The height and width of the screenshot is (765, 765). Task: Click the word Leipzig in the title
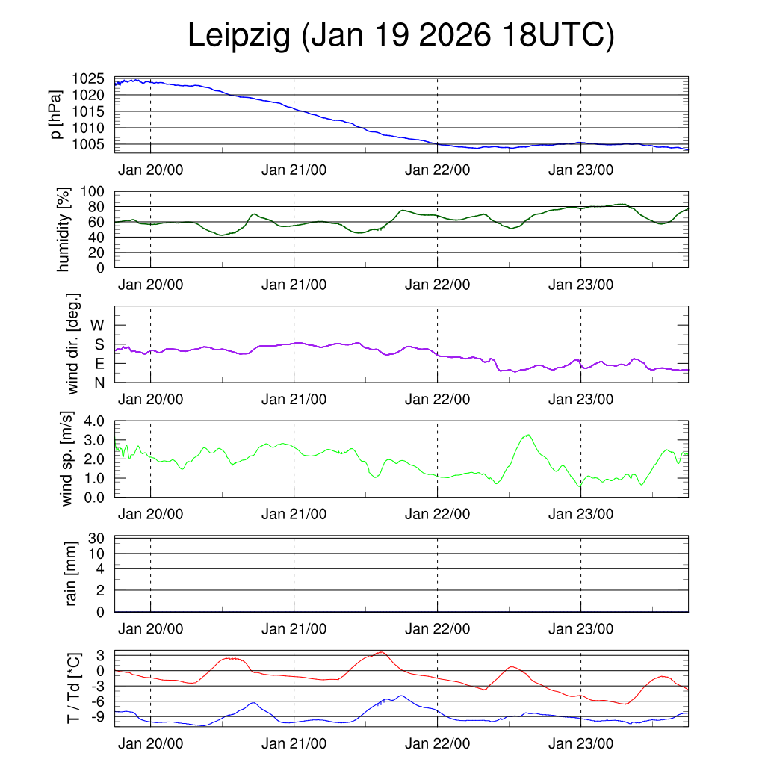(x=238, y=36)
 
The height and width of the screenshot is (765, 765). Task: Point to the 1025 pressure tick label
(x=88, y=78)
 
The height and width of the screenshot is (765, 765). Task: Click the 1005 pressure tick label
(x=88, y=144)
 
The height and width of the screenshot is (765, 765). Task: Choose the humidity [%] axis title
(x=66, y=229)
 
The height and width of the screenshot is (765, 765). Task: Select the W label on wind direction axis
(x=97, y=325)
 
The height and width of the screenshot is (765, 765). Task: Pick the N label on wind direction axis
(x=99, y=382)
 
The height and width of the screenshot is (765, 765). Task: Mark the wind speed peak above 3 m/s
(x=527, y=435)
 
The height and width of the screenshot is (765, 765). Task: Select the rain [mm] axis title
(x=72, y=574)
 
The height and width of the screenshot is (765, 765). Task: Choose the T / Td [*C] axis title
(x=73, y=687)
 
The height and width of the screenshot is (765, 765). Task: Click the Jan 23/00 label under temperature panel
(x=580, y=743)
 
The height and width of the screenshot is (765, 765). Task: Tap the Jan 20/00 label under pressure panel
(x=150, y=170)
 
